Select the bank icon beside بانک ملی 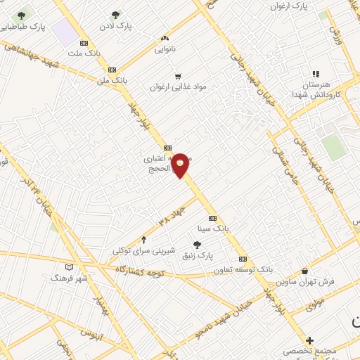coord(112,70)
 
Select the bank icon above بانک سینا coord(212,218)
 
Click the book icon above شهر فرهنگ coord(69,267)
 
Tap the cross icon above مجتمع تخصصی coord(309,340)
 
